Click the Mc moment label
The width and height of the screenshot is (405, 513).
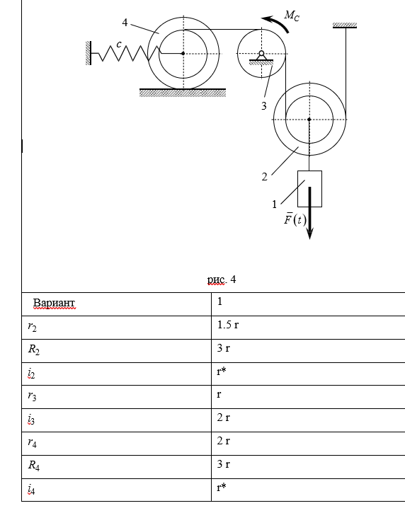[292, 16]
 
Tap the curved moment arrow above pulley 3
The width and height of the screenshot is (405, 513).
[278, 22]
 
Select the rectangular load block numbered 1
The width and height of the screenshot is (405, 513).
[309, 189]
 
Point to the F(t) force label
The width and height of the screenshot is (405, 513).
[295, 219]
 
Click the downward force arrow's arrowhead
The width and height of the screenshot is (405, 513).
[309, 234]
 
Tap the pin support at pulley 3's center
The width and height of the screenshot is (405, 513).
[261, 57]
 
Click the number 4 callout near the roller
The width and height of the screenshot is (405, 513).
[125, 23]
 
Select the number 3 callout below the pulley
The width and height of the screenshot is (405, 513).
[264, 106]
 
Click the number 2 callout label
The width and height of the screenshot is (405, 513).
[265, 177]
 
